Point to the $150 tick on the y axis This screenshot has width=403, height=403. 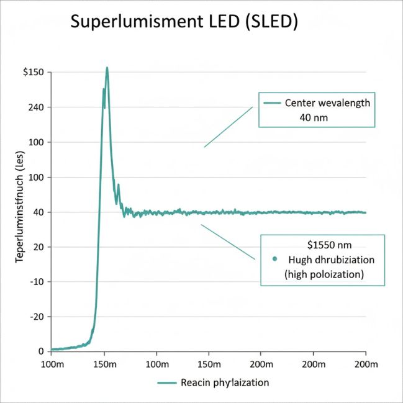point(32,73)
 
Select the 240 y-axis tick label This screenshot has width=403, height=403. point(35,107)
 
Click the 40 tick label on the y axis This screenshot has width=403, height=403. point(37,212)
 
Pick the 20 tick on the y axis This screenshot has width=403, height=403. point(37,247)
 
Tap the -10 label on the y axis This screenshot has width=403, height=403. point(35,282)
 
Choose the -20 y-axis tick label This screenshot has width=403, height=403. point(35,317)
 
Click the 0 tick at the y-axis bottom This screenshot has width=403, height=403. point(40,351)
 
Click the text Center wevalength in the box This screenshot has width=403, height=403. point(327,103)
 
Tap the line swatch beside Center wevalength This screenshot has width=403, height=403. point(271,103)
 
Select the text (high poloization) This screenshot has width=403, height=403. point(322,274)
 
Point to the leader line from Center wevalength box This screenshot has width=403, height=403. point(229,127)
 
